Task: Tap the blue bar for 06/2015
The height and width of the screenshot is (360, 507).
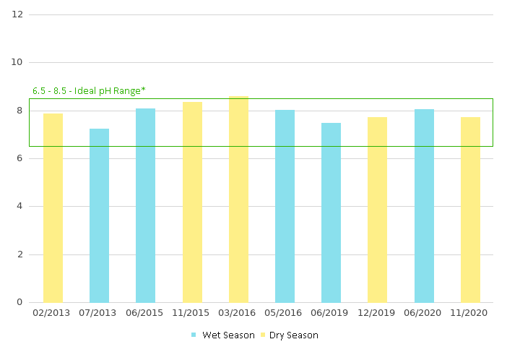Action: pos(145,205)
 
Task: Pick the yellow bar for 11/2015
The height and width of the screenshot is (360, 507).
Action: pos(192,202)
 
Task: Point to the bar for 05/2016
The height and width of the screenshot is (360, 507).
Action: pos(285,206)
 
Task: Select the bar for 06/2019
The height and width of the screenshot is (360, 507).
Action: pos(331,213)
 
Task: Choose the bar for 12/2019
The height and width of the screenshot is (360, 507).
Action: pos(377,210)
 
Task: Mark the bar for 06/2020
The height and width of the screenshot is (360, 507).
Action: pos(424,206)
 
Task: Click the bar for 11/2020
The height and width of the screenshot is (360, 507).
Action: pos(470,210)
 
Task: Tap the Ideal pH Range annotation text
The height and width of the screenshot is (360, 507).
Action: pos(89,91)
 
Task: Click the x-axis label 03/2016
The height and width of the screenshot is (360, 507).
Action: pos(238,314)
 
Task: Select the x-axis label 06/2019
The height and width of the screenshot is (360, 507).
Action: pos(331,314)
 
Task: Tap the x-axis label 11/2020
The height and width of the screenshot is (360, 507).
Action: pos(470,314)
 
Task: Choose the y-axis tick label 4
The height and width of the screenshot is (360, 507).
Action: pos(20,206)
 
